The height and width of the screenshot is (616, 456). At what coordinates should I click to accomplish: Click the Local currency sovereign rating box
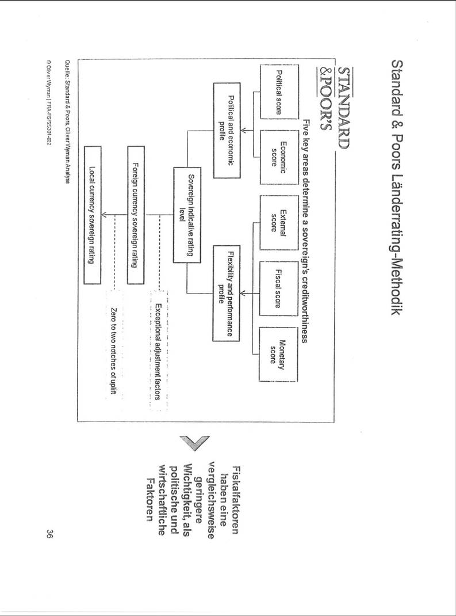click(x=93, y=215)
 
